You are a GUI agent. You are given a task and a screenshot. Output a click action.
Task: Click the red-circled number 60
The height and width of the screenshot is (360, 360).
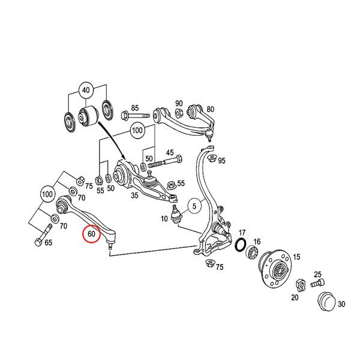[92, 234]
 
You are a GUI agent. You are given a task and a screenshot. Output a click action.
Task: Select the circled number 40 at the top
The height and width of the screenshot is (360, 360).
[86, 90]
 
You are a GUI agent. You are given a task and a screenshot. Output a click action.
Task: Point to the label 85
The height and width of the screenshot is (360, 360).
[134, 107]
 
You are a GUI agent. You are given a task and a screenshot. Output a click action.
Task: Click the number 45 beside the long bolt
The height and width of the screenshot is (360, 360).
[170, 152]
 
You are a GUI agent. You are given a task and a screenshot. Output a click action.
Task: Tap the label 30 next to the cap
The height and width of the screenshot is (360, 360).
[341, 304]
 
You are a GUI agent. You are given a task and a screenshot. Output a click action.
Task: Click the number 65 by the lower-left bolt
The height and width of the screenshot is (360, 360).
[48, 243]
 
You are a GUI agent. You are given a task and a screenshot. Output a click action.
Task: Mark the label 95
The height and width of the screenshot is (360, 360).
[221, 161]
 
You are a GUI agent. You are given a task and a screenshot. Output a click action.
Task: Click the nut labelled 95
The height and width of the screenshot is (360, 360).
[211, 158]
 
